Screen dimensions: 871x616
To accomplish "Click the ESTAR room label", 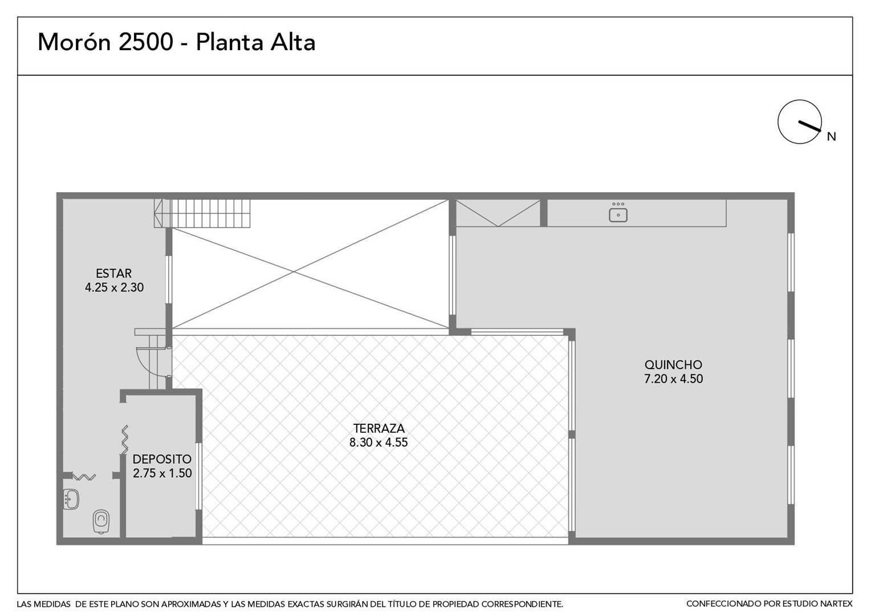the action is pos(113,273).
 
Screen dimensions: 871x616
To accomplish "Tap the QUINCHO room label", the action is pos(673,364).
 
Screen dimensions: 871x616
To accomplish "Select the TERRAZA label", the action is pos(378,428).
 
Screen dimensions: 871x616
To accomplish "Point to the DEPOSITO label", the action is pos(162,459).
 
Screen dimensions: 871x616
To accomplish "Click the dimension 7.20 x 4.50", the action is pos(673,379).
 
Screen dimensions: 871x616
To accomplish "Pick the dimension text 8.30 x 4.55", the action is pos(378,443).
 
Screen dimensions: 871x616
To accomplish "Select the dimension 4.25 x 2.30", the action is pos(114,287).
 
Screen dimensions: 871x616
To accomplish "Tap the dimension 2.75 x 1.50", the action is pos(162,473).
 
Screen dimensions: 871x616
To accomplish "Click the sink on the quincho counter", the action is pos(618,213).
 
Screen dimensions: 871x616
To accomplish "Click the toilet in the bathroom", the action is pos(101,521).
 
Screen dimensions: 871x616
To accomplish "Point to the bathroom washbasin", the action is pos(71,499).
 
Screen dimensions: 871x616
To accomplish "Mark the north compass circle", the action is pos(799,122).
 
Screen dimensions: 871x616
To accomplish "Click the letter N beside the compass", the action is pos(831,136).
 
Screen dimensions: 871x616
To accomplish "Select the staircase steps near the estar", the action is pos(202,213).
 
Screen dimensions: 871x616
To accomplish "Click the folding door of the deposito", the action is pos(124,440).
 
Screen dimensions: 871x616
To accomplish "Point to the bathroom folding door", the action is pos(84,477).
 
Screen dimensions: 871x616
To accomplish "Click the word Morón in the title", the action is pos(75,42).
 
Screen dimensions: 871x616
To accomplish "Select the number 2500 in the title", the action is pos(146,42).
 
